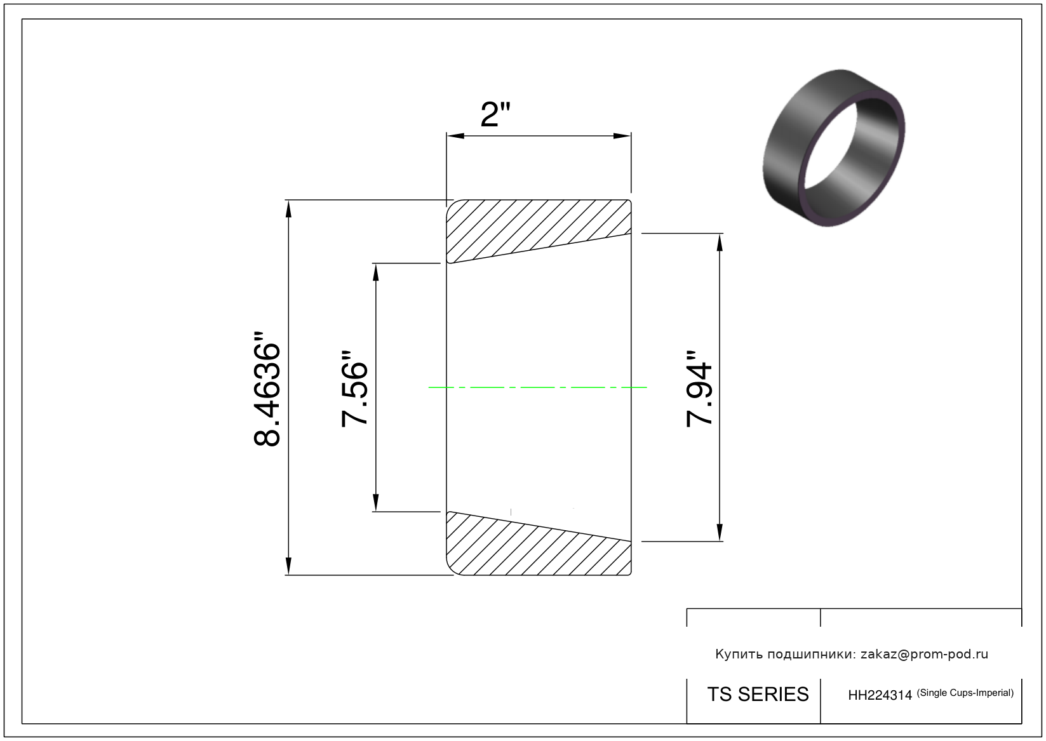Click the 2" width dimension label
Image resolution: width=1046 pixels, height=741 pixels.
495,114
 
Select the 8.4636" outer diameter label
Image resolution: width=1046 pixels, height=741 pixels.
267,389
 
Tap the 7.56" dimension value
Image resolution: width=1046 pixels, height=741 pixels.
354,389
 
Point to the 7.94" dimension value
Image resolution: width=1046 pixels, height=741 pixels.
699,389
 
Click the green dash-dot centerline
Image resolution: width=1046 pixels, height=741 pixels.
537,387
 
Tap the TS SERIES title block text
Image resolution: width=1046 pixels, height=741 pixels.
758,694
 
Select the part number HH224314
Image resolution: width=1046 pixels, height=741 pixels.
880,695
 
